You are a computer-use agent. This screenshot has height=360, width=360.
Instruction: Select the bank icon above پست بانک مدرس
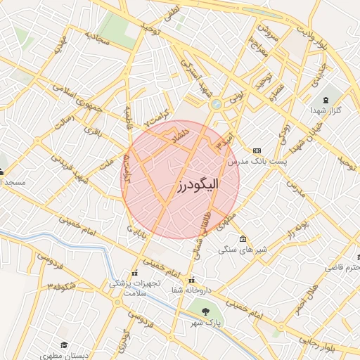coord(257,150)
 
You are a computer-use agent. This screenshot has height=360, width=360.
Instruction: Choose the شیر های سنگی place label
coord(239,249)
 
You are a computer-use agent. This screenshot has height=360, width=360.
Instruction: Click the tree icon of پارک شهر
coord(205,310)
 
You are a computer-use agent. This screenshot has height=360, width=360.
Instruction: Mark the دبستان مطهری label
coord(65,356)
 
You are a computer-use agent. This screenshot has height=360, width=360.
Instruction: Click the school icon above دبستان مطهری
coord(64,345)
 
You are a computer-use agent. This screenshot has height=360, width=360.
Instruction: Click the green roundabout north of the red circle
coord(215,104)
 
